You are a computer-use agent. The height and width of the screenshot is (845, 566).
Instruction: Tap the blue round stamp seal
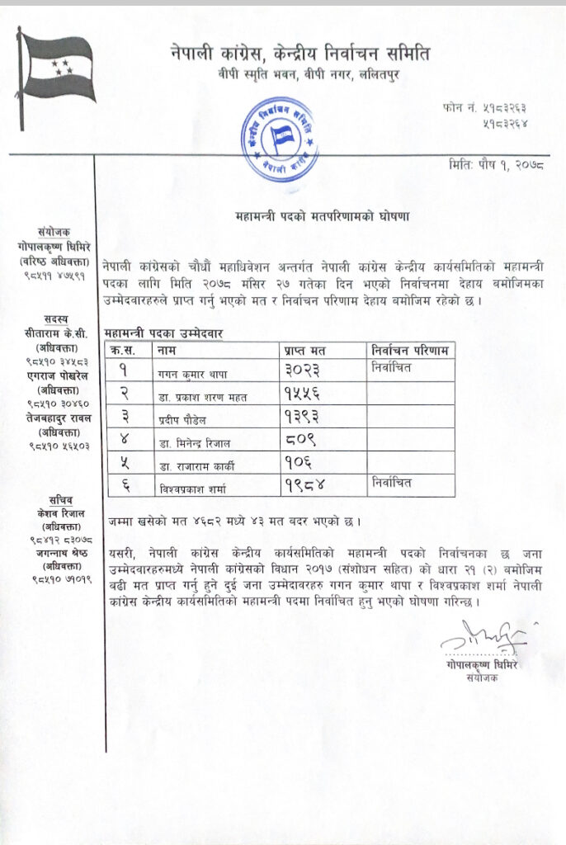[x=281, y=139]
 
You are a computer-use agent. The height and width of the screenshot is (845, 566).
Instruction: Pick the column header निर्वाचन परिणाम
[x=410, y=350]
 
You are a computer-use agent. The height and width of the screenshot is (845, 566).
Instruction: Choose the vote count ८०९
[x=299, y=441]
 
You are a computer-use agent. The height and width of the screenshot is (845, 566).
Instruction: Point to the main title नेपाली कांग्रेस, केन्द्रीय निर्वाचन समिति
[x=300, y=54]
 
